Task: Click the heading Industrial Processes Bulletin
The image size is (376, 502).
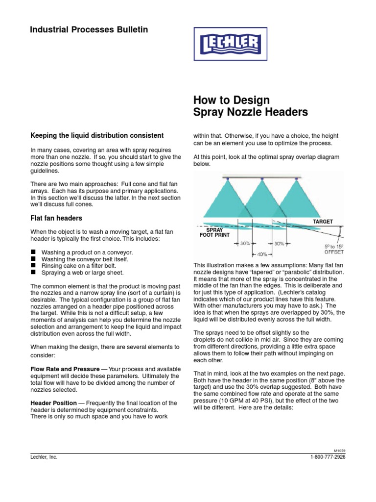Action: [x=89, y=30]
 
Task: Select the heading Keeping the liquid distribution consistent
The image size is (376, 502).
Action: [x=97, y=135]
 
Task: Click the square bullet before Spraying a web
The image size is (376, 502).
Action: [x=34, y=272]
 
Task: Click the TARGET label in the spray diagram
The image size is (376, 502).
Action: [x=323, y=222]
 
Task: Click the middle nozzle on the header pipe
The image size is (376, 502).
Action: [x=262, y=179]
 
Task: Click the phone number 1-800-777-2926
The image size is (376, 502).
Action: [x=328, y=457]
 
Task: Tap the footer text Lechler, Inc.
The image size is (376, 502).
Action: [x=44, y=457]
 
